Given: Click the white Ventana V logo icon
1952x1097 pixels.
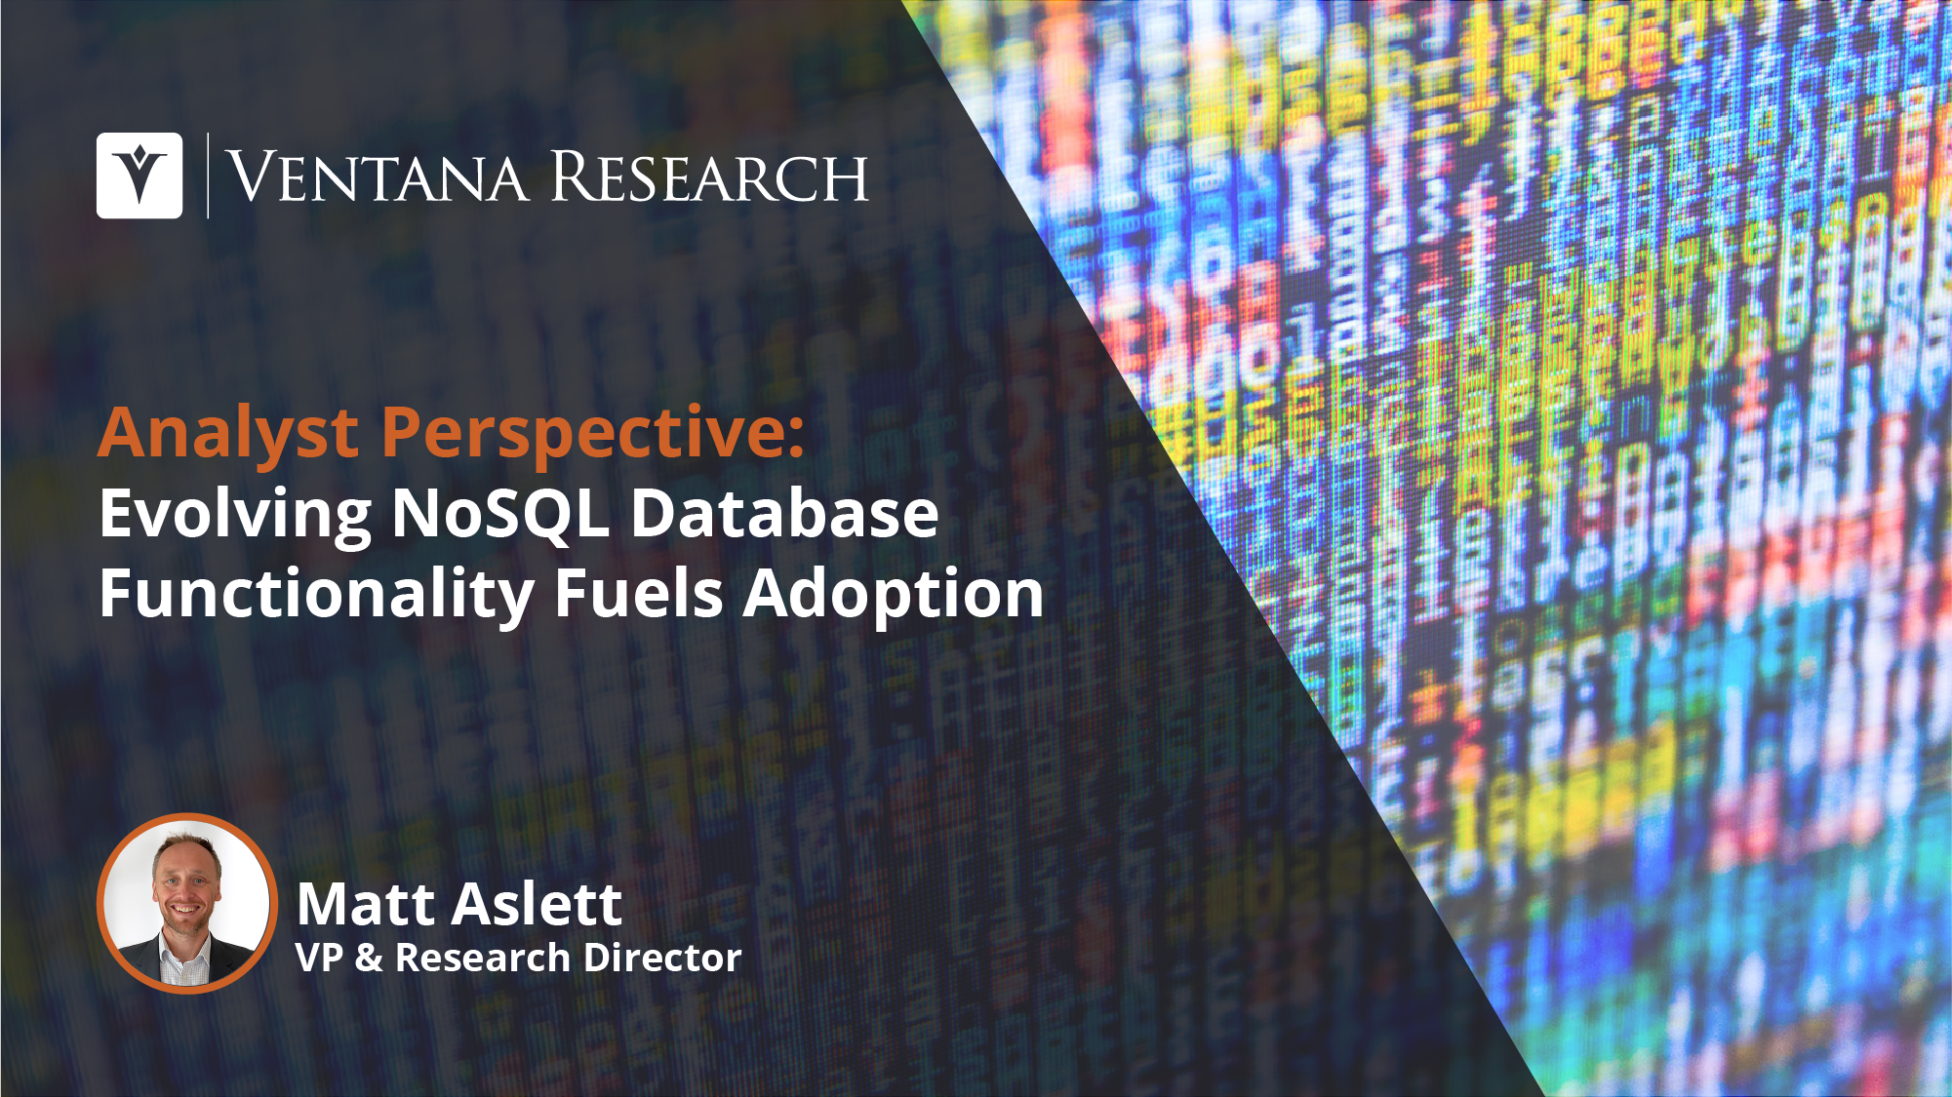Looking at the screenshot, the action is pyautogui.click(x=139, y=176).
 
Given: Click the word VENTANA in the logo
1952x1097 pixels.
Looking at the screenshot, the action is pyautogui.click(x=377, y=176).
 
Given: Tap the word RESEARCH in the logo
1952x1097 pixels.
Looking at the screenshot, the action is pyautogui.click(x=710, y=176).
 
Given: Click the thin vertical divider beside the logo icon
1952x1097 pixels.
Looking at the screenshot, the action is pyautogui.click(x=208, y=176).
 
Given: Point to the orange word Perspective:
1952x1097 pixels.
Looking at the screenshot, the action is pyautogui.click(x=593, y=433).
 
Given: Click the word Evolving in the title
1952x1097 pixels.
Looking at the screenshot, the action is pyautogui.click(x=235, y=515).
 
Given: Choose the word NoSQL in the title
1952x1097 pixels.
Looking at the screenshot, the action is pyautogui.click(x=500, y=514).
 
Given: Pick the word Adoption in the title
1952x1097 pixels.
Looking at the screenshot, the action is pyautogui.click(x=894, y=595).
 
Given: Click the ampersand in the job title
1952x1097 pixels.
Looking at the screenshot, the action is pyautogui.click(x=369, y=958).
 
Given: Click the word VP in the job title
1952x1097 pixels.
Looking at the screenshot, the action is pyautogui.click(x=319, y=958).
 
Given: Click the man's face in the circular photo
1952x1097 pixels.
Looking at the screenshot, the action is pyautogui.click(x=184, y=886).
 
